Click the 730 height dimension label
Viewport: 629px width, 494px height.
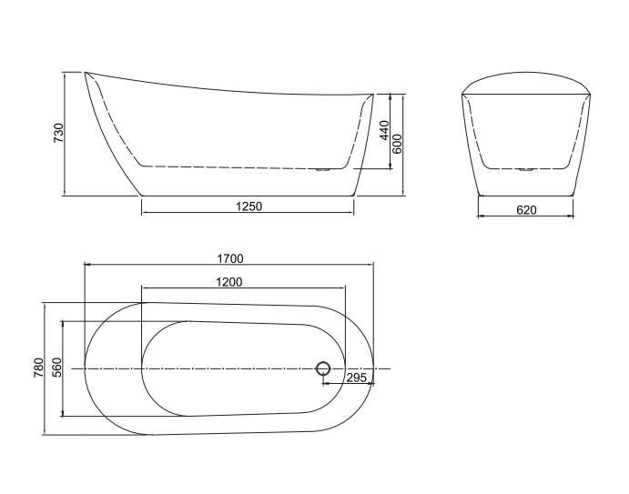pyautogui.click(x=58, y=133)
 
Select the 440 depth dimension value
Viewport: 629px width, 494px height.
pyautogui.click(x=384, y=130)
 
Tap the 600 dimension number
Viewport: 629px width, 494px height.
pyautogui.click(x=398, y=143)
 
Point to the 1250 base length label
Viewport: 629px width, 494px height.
pyautogui.click(x=249, y=207)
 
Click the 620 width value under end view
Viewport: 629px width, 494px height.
pyautogui.click(x=526, y=210)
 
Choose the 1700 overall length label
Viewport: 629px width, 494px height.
pyautogui.click(x=230, y=258)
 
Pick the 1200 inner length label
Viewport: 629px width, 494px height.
pyautogui.click(x=228, y=282)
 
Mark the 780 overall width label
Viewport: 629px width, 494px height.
pyautogui.click(x=38, y=368)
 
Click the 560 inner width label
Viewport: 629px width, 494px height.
pyautogui.click(x=56, y=368)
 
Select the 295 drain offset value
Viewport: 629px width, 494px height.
pyautogui.click(x=355, y=377)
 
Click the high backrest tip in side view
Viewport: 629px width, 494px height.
pyautogui.click(x=86, y=72)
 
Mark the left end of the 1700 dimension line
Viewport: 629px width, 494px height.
pyautogui.click(x=84, y=265)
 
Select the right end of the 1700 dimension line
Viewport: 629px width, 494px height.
pyautogui.click(x=374, y=265)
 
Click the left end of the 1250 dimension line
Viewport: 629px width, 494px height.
pyautogui.click(x=142, y=213)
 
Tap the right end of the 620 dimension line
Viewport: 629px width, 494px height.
pyautogui.click(x=573, y=217)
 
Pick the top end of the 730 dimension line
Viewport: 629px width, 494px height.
pyautogui.click(x=66, y=72)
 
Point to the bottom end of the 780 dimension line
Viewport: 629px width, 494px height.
pyautogui.click(x=45, y=434)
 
